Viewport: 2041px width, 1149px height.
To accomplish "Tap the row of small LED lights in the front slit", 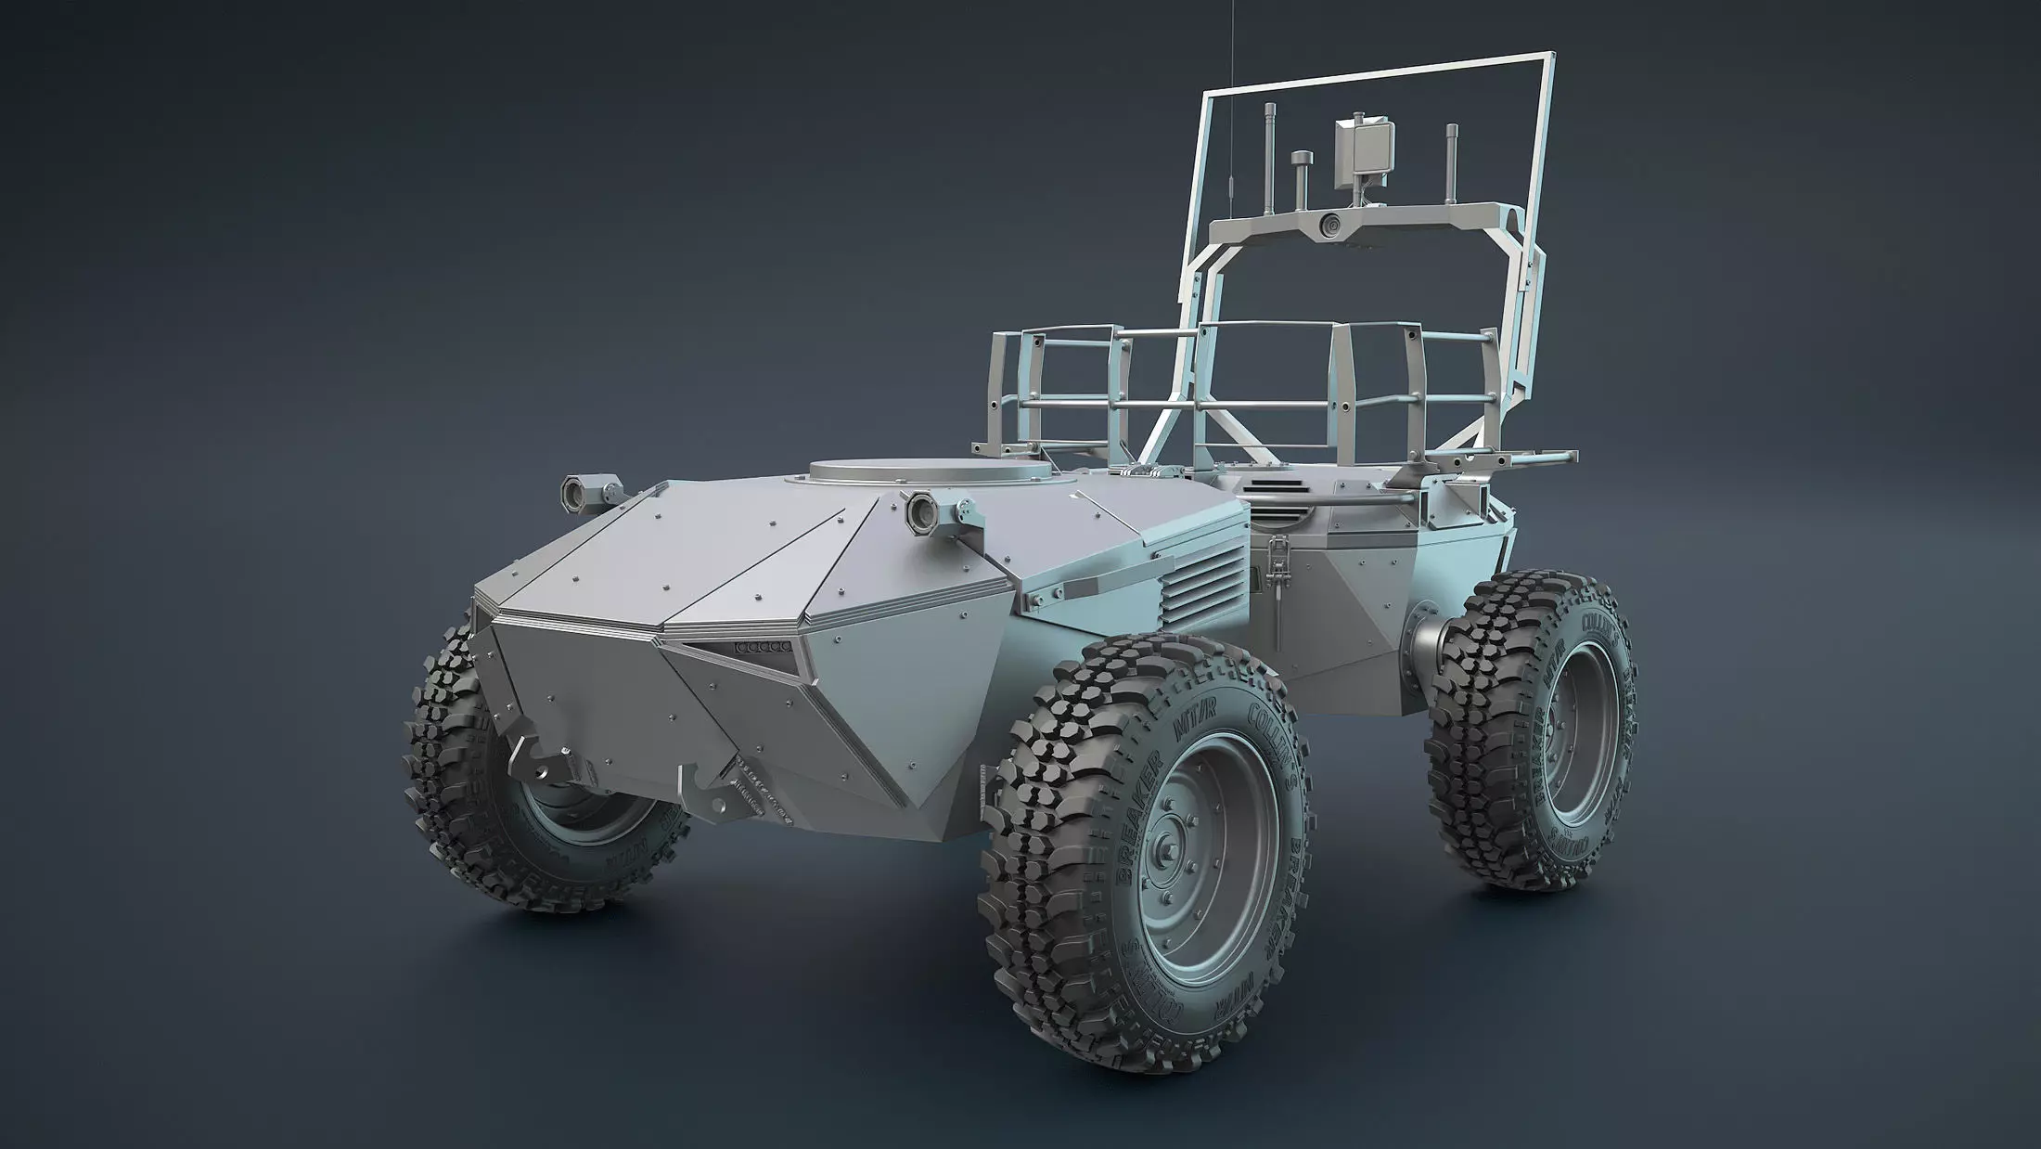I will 763,646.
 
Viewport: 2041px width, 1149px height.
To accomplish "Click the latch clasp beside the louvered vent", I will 1277,585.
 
